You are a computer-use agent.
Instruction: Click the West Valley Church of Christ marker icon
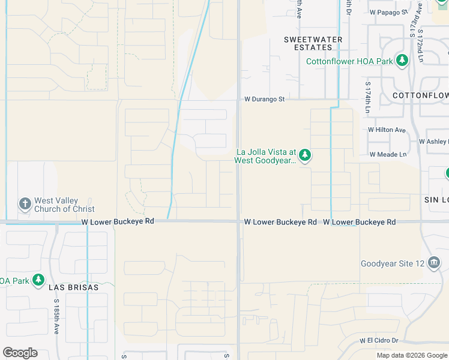point(25,204)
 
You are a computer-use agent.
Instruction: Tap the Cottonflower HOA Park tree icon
point(402,61)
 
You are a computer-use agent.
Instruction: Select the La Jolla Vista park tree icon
point(305,156)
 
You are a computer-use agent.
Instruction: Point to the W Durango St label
point(264,99)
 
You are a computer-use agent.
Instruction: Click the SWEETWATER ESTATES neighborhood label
point(313,43)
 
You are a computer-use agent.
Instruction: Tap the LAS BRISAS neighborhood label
point(73,287)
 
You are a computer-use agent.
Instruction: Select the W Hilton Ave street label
point(387,130)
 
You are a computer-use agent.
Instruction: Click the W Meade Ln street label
point(388,154)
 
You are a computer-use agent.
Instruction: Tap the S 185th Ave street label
point(56,312)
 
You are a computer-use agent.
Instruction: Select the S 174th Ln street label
point(368,98)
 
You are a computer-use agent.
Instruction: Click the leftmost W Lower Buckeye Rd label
point(118,221)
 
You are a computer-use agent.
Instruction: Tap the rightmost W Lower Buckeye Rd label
point(359,222)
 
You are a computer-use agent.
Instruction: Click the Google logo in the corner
point(20,353)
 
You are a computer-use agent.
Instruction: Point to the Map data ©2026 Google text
point(412,355)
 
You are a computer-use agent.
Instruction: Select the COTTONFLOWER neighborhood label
point(420,95)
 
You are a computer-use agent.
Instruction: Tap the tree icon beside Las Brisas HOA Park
point(39,280)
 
